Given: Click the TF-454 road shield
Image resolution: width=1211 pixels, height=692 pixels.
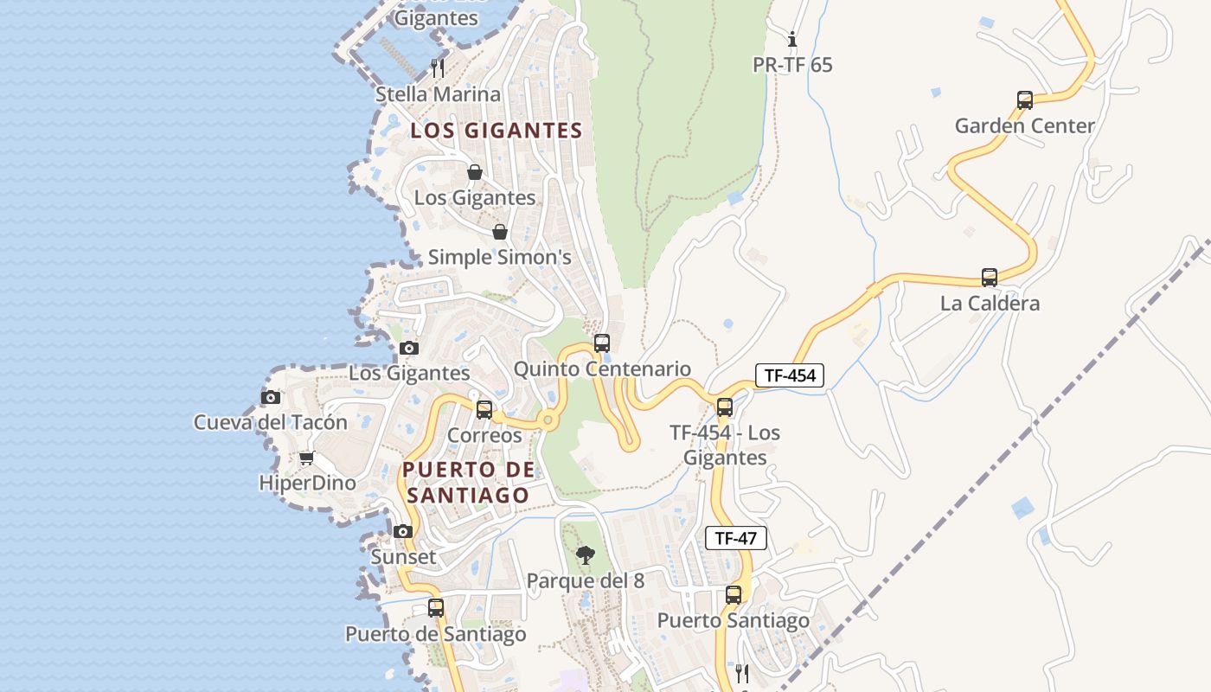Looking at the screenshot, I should click(x=790, y=375).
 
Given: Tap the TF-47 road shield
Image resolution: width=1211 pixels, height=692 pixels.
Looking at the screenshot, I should click(x=736, y=537).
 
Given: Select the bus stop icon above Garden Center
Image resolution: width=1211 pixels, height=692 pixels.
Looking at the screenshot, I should click(x=1025, y=99).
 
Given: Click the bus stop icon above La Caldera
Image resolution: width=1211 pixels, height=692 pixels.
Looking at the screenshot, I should click(x=990, y=278).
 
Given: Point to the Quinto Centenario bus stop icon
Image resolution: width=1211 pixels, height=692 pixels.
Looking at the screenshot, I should click(x=602, y=343).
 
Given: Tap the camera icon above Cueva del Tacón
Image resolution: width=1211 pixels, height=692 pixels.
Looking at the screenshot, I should click(x=271, y=397).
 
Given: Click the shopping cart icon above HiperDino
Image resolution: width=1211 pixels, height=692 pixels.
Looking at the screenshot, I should click(x=306, y=458).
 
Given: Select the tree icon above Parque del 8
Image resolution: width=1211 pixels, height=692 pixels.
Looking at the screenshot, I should click(x=586, y=554).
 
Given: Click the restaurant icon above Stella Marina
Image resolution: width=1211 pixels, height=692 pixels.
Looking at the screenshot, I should click(x=438, y=67).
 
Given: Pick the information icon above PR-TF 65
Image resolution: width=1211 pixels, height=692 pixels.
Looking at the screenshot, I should click(x=792, y=39).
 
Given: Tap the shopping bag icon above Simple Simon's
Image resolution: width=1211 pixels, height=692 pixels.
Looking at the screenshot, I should click(x=499, y=232).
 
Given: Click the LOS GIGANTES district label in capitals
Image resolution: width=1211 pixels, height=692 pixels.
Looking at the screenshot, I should click(x=496, y=131).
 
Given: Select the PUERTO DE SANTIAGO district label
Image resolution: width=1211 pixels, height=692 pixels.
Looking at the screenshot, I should click(x=468, y=483).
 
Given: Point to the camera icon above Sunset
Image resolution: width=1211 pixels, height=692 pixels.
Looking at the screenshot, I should click(x=403, y=531).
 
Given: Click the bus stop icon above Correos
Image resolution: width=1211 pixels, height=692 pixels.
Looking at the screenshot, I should click(x=484, y=409).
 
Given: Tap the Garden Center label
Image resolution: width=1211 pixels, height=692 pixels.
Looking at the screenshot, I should click(x=1024, y=125).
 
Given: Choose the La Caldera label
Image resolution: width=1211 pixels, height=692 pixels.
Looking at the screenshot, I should click(x=990, y=304).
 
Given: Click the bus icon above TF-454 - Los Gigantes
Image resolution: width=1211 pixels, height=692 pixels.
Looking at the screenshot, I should click(x=725, y=407).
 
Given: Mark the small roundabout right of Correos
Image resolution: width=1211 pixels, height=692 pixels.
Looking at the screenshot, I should click(x=547, y=421).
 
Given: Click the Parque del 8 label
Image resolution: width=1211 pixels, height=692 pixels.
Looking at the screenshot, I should click(x=585, y=581).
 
